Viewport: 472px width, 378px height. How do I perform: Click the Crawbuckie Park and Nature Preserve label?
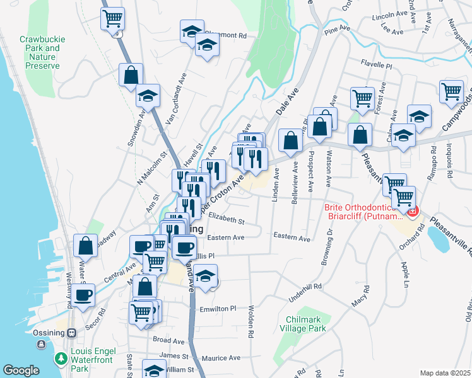pos(39,52)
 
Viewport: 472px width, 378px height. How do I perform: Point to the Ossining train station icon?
pos(72,332)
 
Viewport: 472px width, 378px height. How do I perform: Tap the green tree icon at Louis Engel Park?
pos(61,359)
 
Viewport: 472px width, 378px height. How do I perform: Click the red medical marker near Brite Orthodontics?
pos(413,212)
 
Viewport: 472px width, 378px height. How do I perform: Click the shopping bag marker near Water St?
pos(85,244)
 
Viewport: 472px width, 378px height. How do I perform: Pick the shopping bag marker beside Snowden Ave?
pos(131,74)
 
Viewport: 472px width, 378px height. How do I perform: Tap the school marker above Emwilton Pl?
pos(205,275)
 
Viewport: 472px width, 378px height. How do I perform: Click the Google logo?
pos(21,370)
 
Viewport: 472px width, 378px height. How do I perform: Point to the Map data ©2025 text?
pos(445,373)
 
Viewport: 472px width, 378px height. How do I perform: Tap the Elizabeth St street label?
pos(226,221)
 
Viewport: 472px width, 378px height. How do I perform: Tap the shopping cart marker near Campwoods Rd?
pos(451,92)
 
